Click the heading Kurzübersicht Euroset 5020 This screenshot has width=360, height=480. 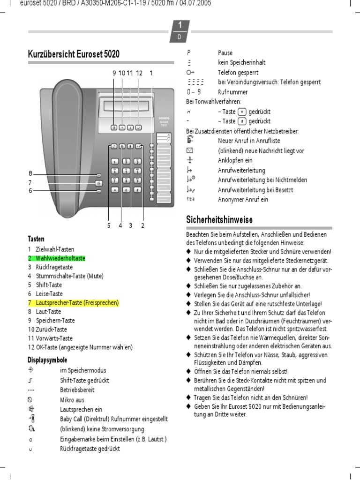[x=74, y=54]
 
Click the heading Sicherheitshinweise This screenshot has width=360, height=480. [x=219, y=220]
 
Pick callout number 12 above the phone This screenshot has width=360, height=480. [x=139, y=73]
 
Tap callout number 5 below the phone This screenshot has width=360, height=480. [x=109, y=225]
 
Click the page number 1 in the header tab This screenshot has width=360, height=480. [x=180, y=25]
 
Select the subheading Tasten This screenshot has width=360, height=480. [x=36, y=239]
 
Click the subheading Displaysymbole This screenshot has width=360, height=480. [x=47, y=360]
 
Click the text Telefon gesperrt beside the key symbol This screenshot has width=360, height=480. [x=238, y=73]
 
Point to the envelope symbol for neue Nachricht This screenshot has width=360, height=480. [x=189, y=150]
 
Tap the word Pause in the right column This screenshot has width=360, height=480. [x=225, y=53]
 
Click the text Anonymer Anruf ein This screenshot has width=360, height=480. [x=243, y=200]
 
